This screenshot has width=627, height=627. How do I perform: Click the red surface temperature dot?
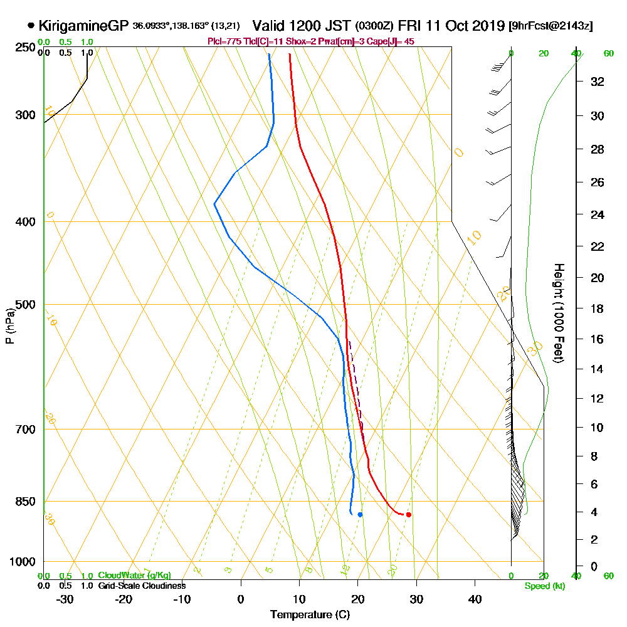coord(408,515)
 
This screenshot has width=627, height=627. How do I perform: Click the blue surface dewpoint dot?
coord(360,515)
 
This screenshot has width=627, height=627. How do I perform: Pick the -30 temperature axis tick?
coord(65,599)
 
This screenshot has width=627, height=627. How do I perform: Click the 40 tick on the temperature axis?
coord(475,599)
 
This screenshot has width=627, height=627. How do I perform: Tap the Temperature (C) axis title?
coord(310,615)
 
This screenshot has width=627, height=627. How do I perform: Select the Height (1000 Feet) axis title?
coord(559,313)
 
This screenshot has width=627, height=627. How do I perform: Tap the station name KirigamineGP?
coord(83,26)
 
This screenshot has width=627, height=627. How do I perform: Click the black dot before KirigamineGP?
coord(31,26)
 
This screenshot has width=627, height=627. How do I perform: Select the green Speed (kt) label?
coord(543,587)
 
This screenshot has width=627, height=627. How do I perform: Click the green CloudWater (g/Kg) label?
coord(134,576)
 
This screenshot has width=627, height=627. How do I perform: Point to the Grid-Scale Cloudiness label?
coord(141,586)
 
